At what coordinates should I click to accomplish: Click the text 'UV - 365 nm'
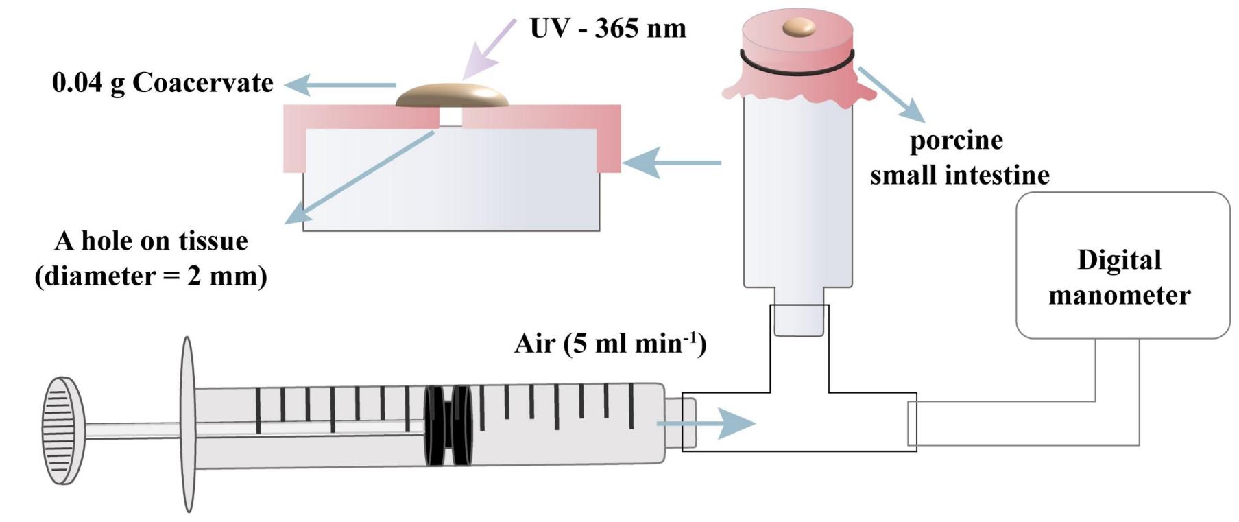(x=608, y=28)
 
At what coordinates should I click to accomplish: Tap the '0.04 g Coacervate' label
(x=163, y=83)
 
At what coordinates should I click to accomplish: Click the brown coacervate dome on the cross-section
(x=453, y=96)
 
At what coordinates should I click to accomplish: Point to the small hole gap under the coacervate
(x=450, y=117)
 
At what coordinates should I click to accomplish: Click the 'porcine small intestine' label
(x=959, y=158)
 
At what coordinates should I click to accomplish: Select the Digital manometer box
(x=1122, y=265)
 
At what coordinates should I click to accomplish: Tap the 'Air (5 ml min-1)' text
(x=610, y=342)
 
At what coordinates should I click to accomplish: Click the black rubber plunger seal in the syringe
(x=448, y=425)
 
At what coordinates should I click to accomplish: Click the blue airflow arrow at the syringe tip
(x=706, y=424)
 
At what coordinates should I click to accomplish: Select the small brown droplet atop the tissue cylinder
(x=799, y=27)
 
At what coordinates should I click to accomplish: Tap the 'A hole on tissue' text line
(x=151, y=241)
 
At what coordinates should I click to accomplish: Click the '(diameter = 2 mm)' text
(x=151, y=276)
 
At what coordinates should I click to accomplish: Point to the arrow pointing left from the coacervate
(x=339, y=86)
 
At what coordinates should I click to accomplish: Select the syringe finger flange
(x=187, y=424)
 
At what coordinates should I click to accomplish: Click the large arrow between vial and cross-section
(x=672, y=163)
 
